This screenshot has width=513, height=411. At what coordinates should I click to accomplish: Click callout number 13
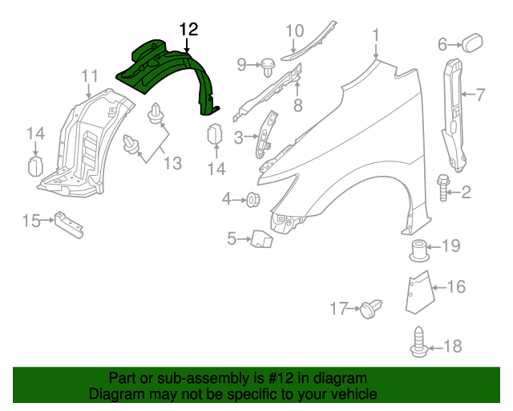(174, 163)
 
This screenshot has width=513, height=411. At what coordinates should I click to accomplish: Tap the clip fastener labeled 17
(370, 307)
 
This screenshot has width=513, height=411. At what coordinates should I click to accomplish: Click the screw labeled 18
(419, 343)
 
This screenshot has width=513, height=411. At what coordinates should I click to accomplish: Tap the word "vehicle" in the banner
(354, 395)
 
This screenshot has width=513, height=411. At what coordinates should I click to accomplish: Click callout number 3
(238, 138)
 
